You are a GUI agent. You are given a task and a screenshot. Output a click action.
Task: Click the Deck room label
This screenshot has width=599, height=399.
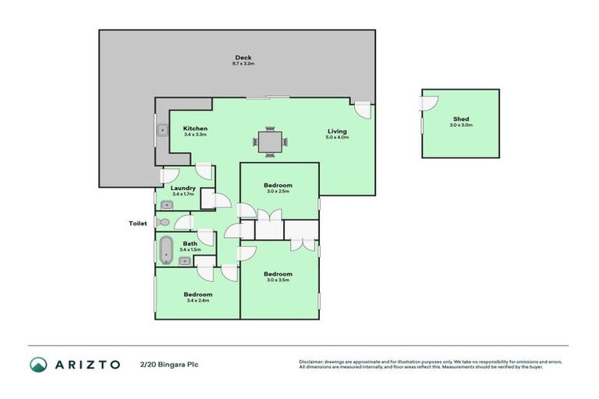coord(244,57)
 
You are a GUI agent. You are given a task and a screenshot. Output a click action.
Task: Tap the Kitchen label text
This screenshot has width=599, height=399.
coord(194,129)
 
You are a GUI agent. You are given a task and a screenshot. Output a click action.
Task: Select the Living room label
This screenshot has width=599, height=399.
coord(337,131)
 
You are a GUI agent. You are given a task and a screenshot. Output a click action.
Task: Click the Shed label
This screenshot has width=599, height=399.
coord(460,119)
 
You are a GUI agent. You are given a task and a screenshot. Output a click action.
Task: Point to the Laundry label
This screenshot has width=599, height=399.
coord(183,188)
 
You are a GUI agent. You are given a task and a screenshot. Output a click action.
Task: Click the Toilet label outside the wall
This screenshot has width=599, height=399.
coord(138,223)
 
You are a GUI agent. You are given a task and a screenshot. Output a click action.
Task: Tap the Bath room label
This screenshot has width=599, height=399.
coord(190,243)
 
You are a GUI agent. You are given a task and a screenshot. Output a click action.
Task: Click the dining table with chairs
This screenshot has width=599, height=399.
coord(270,142)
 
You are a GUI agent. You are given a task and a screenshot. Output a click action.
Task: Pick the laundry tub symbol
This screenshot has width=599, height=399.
coord(167,205)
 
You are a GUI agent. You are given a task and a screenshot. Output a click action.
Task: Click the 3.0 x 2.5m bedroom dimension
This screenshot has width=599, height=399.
coord(278,191)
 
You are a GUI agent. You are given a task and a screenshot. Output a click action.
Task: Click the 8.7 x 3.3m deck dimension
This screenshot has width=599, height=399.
coord(244,63)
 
